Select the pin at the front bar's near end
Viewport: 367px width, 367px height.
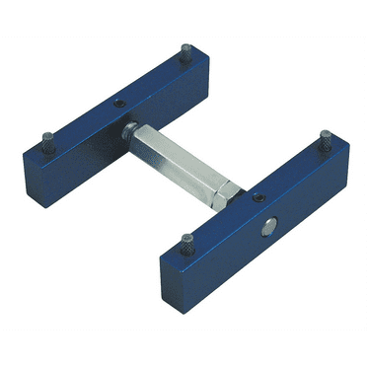pyautogui.click(x=184, y=239)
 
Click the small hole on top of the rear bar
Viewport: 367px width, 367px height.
pyautogui.click(x=117, y=104)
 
